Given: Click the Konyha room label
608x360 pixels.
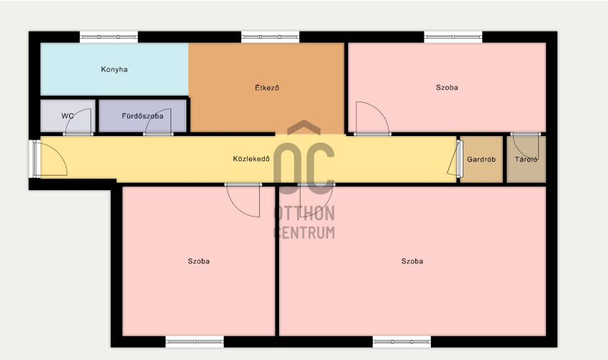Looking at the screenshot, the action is [114, 69].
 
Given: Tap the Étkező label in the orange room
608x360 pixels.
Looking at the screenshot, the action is [267, 88].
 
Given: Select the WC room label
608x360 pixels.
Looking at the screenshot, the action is [68, 116].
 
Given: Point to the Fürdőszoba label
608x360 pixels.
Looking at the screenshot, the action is [142, 116].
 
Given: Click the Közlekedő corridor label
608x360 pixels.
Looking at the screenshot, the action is [251, 158].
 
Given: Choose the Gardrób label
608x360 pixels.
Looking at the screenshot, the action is [481, 159].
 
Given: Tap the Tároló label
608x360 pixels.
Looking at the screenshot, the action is [526, 159].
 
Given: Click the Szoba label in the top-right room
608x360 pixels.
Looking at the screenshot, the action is [447, 88].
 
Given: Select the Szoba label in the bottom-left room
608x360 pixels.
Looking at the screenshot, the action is [199, 261].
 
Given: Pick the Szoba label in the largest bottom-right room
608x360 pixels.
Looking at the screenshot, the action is [412, 261].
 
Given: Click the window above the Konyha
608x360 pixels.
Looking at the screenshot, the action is [109, 37].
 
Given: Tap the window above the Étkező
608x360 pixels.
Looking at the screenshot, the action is [271, 37].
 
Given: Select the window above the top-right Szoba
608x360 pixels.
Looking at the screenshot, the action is [453, 37].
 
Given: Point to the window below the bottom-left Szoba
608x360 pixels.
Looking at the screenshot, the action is [195, 342].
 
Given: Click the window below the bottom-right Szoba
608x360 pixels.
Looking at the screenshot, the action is [401, 342].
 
